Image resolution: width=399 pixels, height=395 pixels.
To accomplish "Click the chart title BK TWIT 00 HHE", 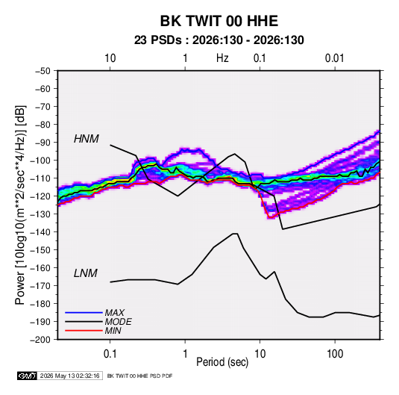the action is (219, 21).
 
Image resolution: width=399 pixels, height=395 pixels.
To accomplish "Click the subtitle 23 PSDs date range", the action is (219, 40).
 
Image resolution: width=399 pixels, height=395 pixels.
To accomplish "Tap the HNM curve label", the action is (87, 139).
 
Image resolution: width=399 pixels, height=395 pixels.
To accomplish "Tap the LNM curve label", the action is (86, 273).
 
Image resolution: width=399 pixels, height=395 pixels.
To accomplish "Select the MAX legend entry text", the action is (115, 313).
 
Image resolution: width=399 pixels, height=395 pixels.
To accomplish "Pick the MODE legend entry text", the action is (119, 322).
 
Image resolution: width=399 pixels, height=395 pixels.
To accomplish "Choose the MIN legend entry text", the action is (113, 331).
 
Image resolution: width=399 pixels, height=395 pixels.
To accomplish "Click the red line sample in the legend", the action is (84, 331).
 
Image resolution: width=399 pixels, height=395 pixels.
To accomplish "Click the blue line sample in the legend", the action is (84, 312).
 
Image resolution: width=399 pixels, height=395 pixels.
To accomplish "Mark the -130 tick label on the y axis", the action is (42, 214).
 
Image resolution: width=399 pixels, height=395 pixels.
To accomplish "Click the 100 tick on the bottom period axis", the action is (335, 354).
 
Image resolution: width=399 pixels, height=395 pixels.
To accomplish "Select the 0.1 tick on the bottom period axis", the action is (110, 354).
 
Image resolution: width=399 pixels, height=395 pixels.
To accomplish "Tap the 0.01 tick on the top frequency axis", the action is (334, 58).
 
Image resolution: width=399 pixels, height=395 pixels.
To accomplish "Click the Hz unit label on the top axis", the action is (222, 58).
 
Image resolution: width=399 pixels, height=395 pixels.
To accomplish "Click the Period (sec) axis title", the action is (222, 362).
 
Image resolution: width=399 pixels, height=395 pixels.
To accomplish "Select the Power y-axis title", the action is (20, 205).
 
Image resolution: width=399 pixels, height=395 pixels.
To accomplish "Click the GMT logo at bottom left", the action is (27, 376).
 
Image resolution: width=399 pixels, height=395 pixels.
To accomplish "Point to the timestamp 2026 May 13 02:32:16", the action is (69, 376).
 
